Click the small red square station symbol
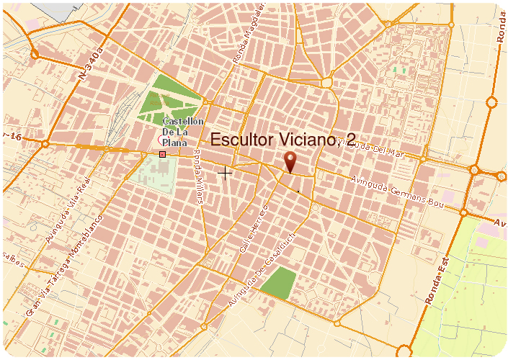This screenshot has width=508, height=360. click(162, 154)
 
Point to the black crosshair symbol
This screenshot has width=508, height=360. click(225, 173)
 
